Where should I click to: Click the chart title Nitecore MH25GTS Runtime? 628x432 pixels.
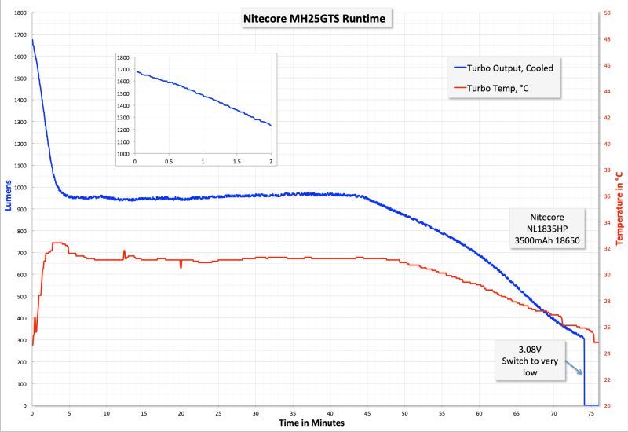tap(314, 19)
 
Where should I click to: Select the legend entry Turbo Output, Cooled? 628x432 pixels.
tap(509, 68)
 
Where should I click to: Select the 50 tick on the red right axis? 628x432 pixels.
tap(608, 13)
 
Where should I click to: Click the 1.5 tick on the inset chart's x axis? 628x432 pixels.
tap(236, 161)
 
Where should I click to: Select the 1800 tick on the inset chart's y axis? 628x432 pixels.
tap(123, 58)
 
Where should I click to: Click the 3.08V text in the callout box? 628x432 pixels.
tap(530, 350)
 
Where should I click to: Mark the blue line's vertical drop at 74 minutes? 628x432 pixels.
tap(584, 369)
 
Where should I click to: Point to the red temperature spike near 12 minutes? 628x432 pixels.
tap(124, 253)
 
